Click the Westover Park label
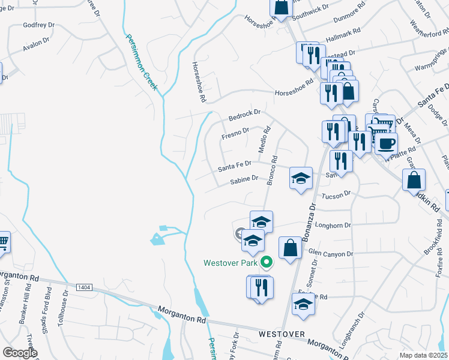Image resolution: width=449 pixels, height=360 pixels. [x=231, y=262]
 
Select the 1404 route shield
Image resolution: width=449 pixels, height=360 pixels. [x=85, y=288]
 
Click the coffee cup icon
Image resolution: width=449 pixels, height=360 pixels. [x=387, y=143]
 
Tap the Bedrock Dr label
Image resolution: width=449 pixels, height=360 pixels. [x=244, y=114]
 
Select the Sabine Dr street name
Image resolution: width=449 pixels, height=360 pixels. [x=244, y=178]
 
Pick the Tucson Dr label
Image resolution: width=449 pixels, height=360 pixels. [x=335, y=195]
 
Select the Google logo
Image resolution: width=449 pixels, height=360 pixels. [x=20, y=353]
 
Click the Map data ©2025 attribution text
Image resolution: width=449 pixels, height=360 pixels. [x=423, y=355]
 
